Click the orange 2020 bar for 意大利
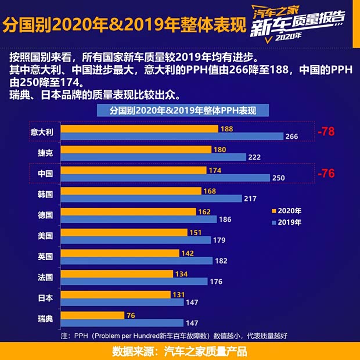click(139, 128)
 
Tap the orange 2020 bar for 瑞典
click(92, 315)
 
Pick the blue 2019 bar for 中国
click(165, 178)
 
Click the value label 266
click(292, 136)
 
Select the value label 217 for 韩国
click(250, 199)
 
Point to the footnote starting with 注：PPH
click(174, 336)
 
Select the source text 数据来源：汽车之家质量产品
click(179, 351)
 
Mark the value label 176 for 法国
click(216, 282)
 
